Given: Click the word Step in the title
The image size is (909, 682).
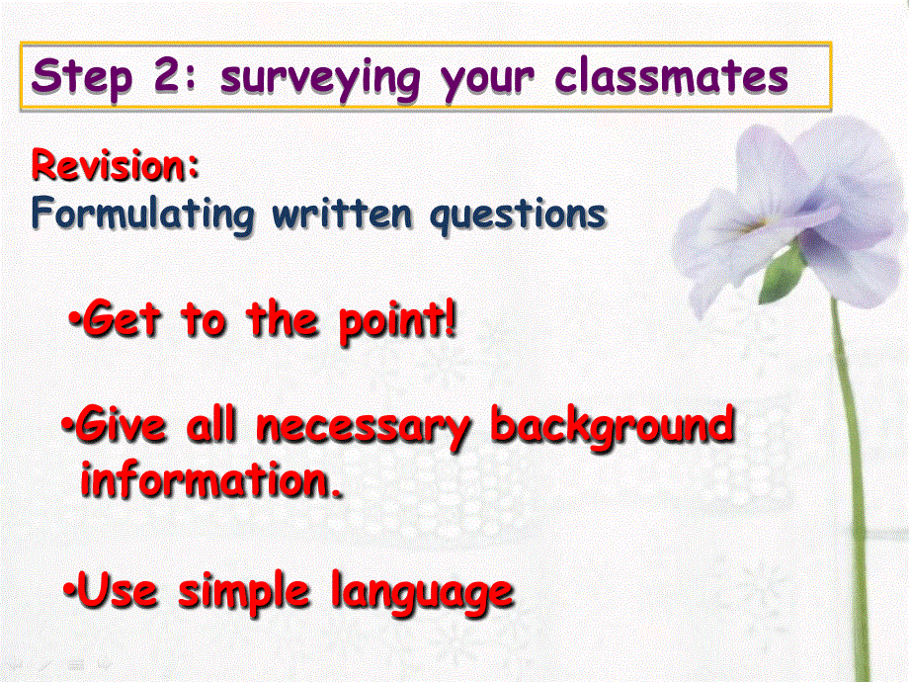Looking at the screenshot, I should click(83, 76).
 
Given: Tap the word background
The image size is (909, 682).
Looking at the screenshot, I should click(614, 429).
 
